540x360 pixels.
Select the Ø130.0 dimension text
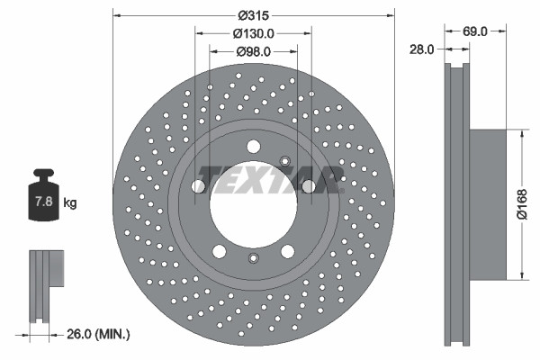pos(255,33)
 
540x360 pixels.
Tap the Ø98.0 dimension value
pos(255,51)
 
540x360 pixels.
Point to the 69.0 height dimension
pos(476,31)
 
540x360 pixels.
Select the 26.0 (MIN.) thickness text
pos(98,334)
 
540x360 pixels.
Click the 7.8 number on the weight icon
pos(42,203)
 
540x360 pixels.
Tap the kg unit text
pos(70,203)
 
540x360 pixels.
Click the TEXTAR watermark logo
pos(270,178)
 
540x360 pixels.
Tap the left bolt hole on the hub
pos(198,185)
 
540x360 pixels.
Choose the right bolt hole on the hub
pos(309,185)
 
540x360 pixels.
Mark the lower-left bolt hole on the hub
pos(220,251)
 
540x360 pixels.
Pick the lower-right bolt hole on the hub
pos(288,251)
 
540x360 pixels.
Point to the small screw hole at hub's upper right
pos(285,161)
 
